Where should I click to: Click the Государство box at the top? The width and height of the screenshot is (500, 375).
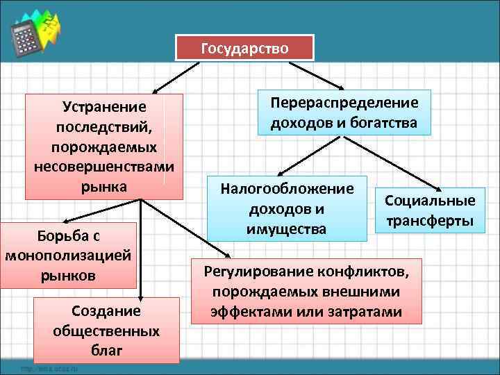click(x=245, y=49)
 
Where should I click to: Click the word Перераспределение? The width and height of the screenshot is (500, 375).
click(x=344, y=103)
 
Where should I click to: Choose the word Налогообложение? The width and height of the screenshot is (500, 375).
click(x=287, y=189)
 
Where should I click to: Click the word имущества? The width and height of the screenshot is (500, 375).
click(x=287, y=228)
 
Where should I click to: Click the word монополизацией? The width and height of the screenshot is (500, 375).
click(x=68, y=255)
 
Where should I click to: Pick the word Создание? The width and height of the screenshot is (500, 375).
click(x=106, y=310)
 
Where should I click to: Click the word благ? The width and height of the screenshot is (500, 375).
click(x=106, y=350)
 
